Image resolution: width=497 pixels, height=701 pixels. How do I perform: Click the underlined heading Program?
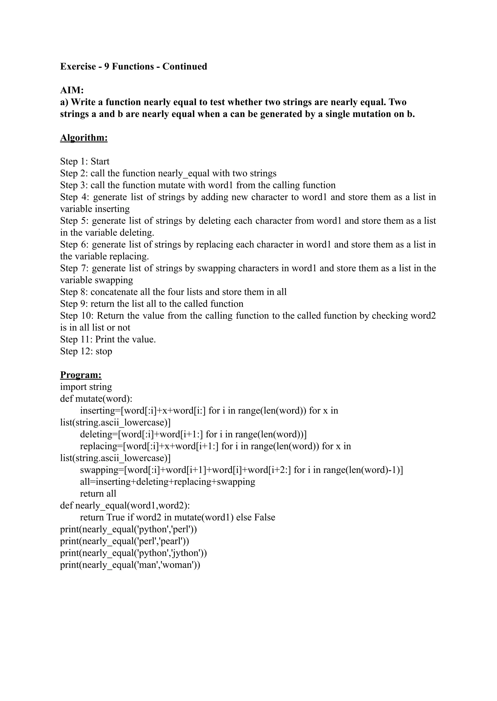[81, 375]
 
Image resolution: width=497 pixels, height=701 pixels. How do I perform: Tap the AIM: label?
[72, 90]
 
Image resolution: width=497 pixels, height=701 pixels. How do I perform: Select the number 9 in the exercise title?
[107, 67]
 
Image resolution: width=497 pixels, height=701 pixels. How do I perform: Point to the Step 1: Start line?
[85, 161]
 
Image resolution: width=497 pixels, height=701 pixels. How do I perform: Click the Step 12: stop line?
[86, 351]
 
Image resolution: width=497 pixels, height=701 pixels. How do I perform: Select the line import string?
[86, 387]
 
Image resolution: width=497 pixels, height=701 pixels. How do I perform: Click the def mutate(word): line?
[96, 399]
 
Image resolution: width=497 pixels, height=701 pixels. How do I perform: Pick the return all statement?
[98, 494]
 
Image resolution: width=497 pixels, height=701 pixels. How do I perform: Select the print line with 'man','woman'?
[130, 565]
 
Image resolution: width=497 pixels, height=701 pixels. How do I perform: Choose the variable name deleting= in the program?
[99, 434]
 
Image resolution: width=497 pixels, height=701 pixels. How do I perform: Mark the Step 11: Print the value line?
[108, 339]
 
